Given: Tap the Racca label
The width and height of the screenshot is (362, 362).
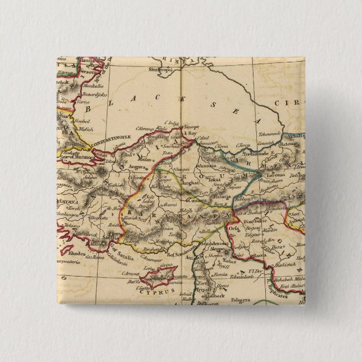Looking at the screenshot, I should [x=260, y=254].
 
